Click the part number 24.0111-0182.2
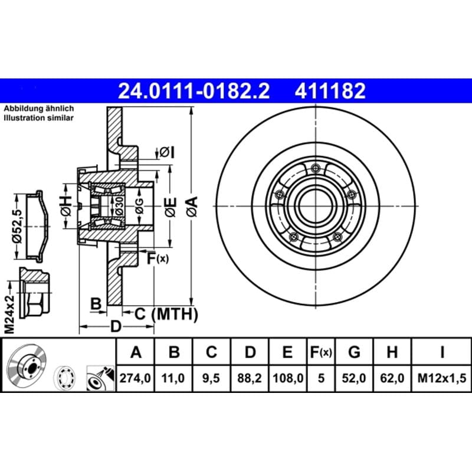pyautogui.click(x=194, y=91)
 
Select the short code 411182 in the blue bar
pyautogui.click(x=330, y=91)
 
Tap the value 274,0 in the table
pyautogui.click(x=135, y=378)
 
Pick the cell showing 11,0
pyautogui.click(x=173, y=378)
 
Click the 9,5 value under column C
pyautogui.click(x=211, y=378)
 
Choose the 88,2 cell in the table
pyautogui.click(x=250, y=378)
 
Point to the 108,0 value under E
pyautogui.click(x=288, y=378)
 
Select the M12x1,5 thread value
pyautogui.click(x=441, y=378)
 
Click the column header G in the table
pyautogui.click(x=354, y=352)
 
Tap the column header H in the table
pyautogui.click(x=392, y=352)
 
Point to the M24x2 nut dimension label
pyautogui.click(x=9, y=314)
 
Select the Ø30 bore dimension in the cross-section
pyautogui.click(x=119, y=206)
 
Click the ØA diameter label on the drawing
pyautogui.click(x=191, y=206)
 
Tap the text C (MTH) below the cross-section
pyautogui.click(x=166, y=314)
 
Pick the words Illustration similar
pyautogui.click(x=38, y=117)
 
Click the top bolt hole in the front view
pyautogui.click(x=316, y=168)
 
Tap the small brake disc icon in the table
pyautogui.click(x=27, y=365)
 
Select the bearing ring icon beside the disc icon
pyautogui.click(x=65, y=378)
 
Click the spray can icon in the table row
pyautogui.click(x=100, y=378)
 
